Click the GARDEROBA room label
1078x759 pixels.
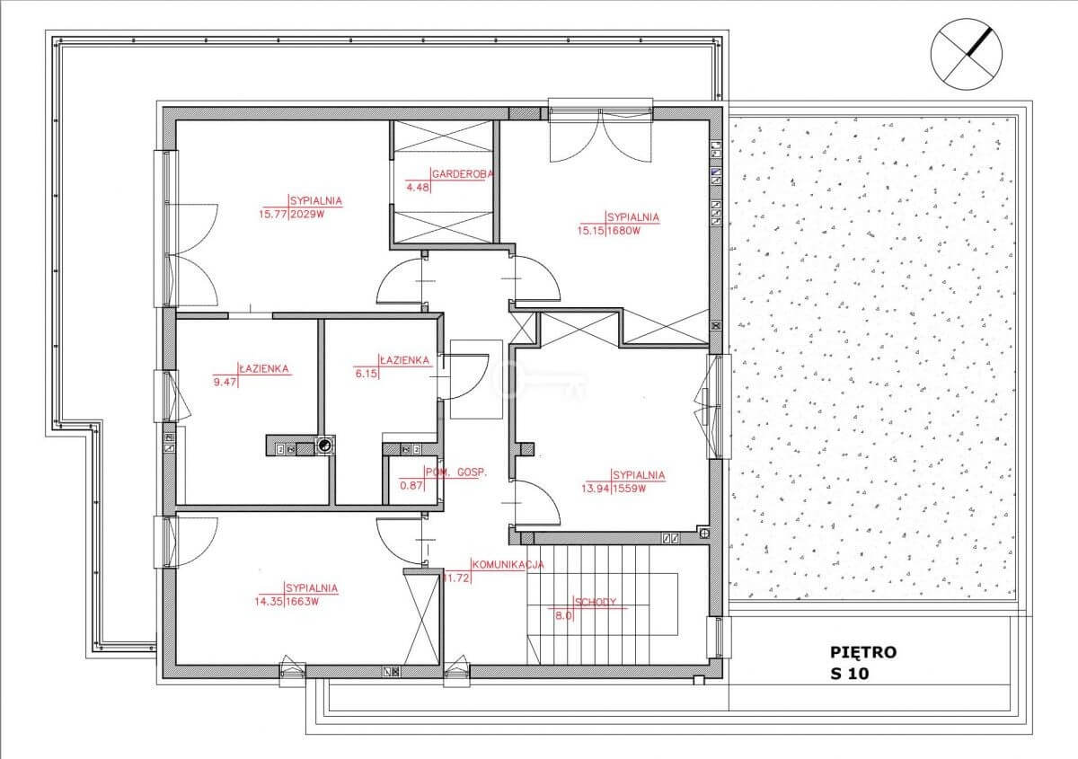coord(463,173)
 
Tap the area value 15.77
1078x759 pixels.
coord(273,214)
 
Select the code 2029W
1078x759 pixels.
coord(307,214)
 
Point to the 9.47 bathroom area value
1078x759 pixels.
coord(225,383)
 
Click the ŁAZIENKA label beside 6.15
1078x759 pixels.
coord(404,360)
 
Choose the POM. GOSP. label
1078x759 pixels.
coord(455,472)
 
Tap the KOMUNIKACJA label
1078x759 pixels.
coord(508,564)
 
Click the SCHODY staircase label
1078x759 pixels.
coord(596,602)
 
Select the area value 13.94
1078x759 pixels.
coord(596,489)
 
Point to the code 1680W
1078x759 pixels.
coord(624,231)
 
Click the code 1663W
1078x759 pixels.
coord(302,601)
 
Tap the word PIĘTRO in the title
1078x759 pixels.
coord(863,653)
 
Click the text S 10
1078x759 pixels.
coord(850,674)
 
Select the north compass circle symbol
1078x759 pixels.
coord(967,53)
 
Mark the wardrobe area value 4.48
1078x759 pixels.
coord(417,187)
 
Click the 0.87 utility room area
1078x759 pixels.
coord(411,486)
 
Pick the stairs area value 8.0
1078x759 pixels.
coord(563,615)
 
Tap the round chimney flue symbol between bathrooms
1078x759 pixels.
coord(325,446)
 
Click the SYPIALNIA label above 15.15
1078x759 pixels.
coord(633,217)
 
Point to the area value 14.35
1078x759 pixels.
coord(269,601)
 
